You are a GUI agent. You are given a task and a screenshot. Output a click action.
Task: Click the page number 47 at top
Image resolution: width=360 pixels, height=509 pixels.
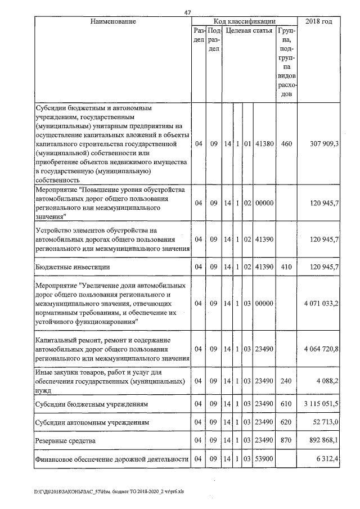tap(188, 12)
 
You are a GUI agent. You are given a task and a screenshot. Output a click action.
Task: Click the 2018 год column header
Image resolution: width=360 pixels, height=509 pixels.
tap(319, 21)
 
